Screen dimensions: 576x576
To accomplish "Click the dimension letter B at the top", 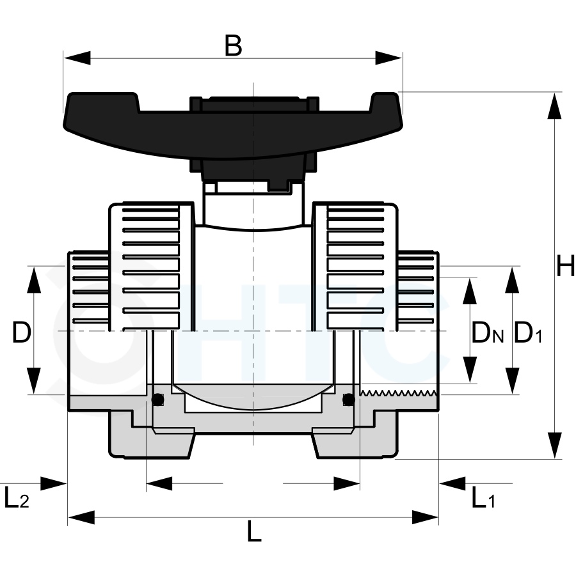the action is click(233, 45).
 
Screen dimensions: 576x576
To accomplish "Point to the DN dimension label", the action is click(488, 332).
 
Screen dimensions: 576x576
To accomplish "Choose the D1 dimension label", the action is click(528, 332).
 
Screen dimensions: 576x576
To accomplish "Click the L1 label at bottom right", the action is click(483, 497).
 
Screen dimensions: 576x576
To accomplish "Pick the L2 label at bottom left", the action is click(16, 497).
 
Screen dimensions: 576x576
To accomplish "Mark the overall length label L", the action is click(254, 531).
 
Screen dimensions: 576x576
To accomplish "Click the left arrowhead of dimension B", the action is click(77, 58).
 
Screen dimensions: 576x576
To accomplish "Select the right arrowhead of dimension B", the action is click(388, 58).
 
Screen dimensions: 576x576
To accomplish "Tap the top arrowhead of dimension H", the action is click(554, 105).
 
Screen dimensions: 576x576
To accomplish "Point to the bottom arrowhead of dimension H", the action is click(554, 445).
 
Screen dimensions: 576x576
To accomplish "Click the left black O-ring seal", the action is click(158, 400).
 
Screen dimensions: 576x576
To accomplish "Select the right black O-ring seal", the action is click(348, 400).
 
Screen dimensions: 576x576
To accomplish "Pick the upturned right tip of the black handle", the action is click(385, 101).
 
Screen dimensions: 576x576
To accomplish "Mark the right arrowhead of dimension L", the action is click(425, 517).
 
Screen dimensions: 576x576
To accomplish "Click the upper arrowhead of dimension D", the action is click(34, 279).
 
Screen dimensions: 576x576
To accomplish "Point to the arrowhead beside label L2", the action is click(53, 484).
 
